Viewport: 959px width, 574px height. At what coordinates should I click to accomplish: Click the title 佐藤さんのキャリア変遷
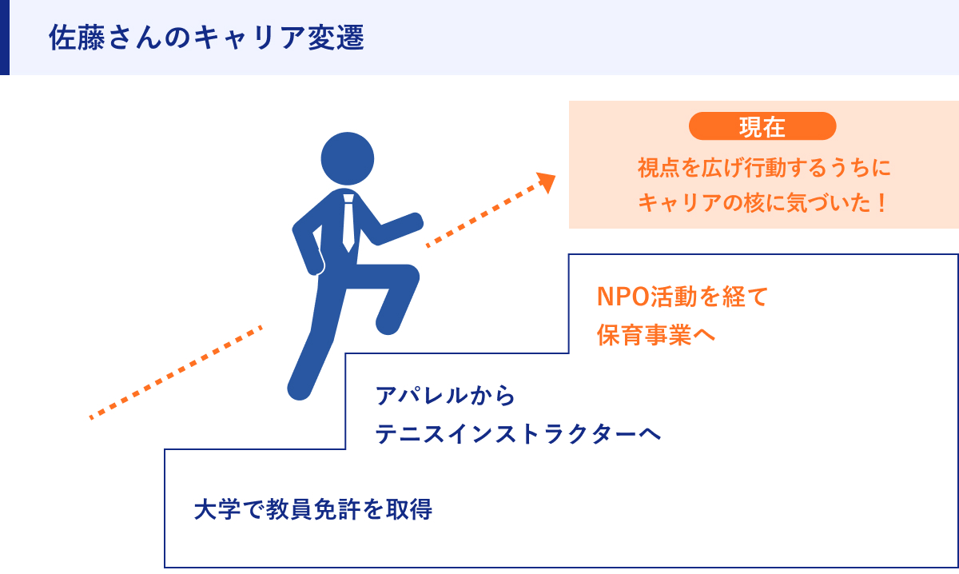click(206, 38)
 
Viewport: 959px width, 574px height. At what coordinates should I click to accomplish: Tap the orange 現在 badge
click(762, 126)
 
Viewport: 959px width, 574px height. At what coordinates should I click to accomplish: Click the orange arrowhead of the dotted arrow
click(547, 182)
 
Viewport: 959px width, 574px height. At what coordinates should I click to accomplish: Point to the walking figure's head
click(348, 157)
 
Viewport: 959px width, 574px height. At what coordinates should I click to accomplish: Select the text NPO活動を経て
click(682, 297)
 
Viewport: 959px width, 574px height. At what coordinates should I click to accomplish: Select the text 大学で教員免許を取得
click(313, 510)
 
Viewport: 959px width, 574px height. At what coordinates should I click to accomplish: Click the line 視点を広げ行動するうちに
click(763, 169)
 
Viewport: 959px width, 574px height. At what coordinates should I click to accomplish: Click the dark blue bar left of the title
click(5, 38)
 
